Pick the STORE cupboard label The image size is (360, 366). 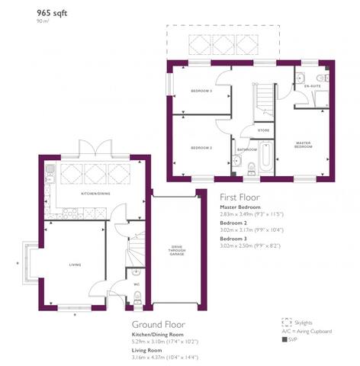[x=263, y=130]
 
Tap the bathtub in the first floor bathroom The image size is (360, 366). [x=265, y=158]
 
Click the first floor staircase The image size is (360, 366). [x=263, y=100]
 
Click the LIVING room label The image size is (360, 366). [x=76, y=265]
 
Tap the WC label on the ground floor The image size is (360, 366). [x=137, y=284]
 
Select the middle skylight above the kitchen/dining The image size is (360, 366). [x=96, y=172]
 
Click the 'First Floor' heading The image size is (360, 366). [x=240, y=196]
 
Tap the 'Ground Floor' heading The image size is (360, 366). [x=161, y=323]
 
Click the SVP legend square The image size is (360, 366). [x=284, y=339]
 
